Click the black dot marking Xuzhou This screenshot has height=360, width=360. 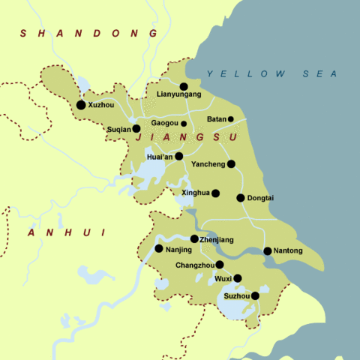coord(81,105)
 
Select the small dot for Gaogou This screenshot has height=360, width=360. coord(184,124)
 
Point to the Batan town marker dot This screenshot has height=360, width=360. coord(230,119)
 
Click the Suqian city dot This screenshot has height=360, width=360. coord(136,128)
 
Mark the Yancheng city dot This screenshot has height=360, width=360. coord(231,163)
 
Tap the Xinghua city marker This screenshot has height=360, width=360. coord(215,193)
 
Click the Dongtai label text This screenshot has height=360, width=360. coord(262,198)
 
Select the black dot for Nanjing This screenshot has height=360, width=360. coord(159,248)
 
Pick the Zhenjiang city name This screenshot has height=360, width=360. coord(217,239)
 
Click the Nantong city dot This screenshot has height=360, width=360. coord(268,250)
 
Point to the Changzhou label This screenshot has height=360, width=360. coord(194,265)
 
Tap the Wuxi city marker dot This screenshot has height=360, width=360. coord(238,278)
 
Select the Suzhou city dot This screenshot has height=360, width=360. coord(255,295)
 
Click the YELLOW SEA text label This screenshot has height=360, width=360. coord(272,73)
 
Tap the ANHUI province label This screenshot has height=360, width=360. coord(64,233)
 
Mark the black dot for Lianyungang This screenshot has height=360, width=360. coord(184,86)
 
